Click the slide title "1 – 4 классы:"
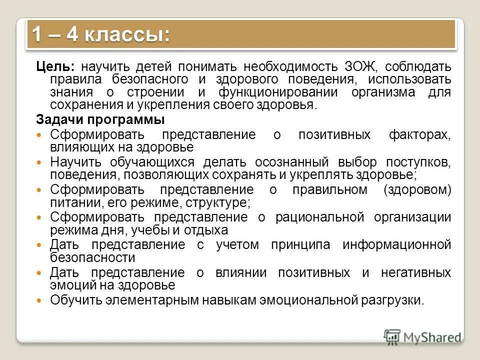click(x=100, y=35)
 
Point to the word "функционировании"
click(x=263, y=92)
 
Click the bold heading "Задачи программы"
click(x=100, y=120)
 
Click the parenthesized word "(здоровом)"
click(x=417, y=190)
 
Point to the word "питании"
click(x=68, y=202)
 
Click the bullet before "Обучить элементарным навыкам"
click(x=41, y=301)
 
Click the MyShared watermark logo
click(x=422, y=337)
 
